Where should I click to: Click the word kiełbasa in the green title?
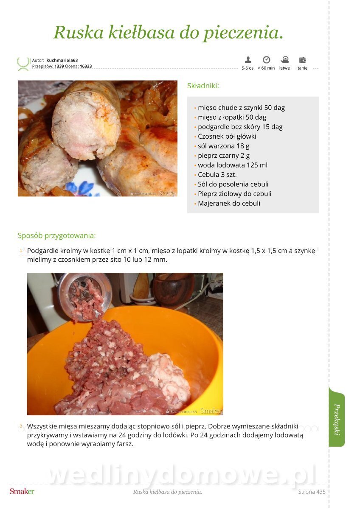pos(141,32)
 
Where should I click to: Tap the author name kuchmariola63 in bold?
pos(62,60)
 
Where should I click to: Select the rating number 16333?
pos(86,66)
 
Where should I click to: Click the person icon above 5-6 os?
pos(248,60)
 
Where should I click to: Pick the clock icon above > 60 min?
pos(266,60)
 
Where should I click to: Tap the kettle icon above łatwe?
pos(284,60)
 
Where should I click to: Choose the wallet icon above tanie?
pos(302,60)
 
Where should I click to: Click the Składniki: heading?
pos(203,86)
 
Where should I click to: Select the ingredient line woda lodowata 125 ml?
pos(232,165)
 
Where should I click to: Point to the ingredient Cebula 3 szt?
pos(217,174)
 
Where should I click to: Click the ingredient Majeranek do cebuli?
pos(229,203)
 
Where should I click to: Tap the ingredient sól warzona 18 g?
pos(224,146)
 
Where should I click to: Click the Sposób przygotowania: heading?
pos(56,236)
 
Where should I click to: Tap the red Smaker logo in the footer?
pos(22,492)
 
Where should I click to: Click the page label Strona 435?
pos(312,492)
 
